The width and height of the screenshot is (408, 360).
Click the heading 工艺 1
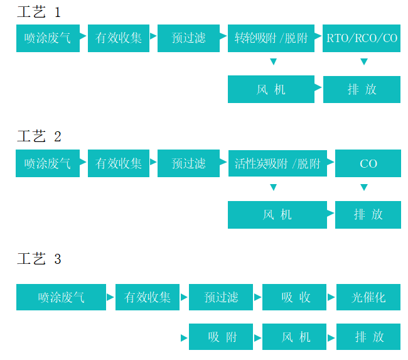point(39,12)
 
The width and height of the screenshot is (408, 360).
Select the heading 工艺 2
point(39,136)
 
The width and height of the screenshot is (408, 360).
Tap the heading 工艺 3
point(39,259)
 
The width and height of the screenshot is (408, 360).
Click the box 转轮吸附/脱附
point(271,38)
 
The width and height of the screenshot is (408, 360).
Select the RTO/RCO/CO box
point(362,38)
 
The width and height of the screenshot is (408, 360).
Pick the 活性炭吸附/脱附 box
point(277,163)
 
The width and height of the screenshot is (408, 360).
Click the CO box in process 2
point(368,163)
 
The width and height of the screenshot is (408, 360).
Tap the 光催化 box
point(368,297)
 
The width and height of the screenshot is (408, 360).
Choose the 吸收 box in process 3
point(294,297)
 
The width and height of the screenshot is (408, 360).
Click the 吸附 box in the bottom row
point(221,337)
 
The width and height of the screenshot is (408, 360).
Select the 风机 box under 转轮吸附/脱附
point(271,89)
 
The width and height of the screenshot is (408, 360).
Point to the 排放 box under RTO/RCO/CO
point(362,89)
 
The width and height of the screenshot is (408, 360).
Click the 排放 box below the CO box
point(368,214)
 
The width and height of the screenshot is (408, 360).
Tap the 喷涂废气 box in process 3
point(61,297)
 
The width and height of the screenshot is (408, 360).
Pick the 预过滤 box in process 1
point(188,38)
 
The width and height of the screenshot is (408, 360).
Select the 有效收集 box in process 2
point(119,163)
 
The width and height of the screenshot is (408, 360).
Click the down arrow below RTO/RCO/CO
point(363,62)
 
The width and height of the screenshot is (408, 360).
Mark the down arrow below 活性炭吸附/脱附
point(273,187)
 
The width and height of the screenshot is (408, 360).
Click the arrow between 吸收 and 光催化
point(331,297)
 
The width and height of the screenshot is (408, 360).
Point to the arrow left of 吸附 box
point(184,337)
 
